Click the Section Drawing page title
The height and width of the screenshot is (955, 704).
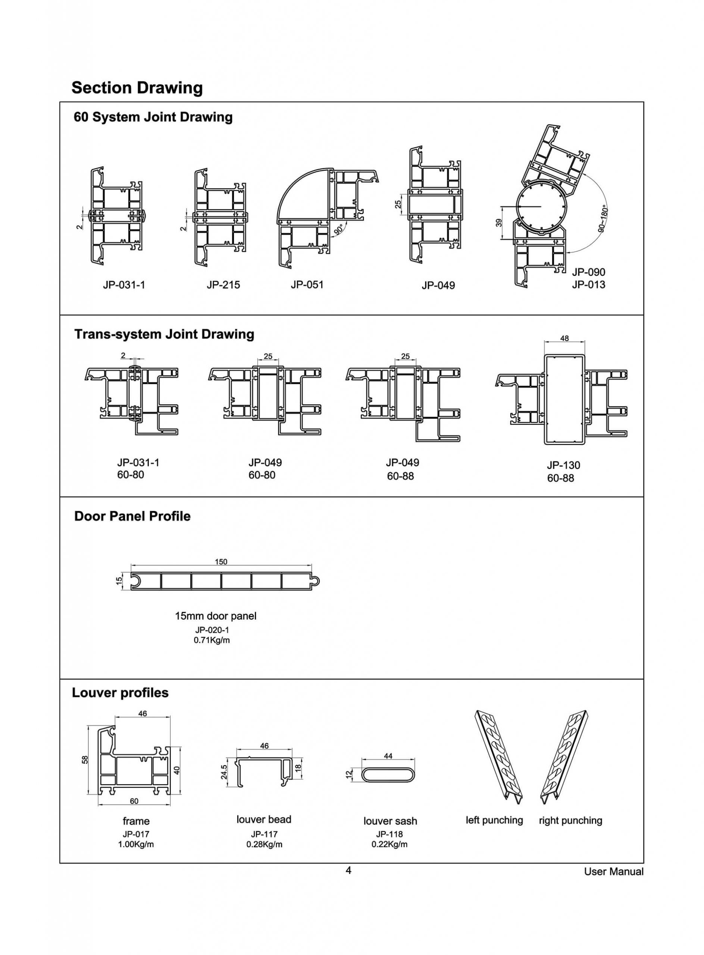(x=137, y=88)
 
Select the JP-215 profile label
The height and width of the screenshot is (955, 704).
(x=223, y=285)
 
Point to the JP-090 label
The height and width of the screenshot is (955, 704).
(x=588, y=272)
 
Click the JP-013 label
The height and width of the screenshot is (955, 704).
(x=588, y=285)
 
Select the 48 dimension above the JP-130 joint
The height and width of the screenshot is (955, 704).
(x=564, y=338)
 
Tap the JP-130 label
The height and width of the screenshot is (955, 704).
(x=563, y=465)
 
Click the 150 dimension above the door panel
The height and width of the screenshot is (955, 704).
(x=221, y=562)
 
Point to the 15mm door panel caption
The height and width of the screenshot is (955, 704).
(x=216, y=616)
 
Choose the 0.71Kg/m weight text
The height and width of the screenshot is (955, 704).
(x=212, y=640)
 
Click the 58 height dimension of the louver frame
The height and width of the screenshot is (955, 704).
(x=85, y=760)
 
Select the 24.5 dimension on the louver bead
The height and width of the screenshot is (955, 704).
(x=224, y=772)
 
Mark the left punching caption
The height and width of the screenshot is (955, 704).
(x=494, y=820)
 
